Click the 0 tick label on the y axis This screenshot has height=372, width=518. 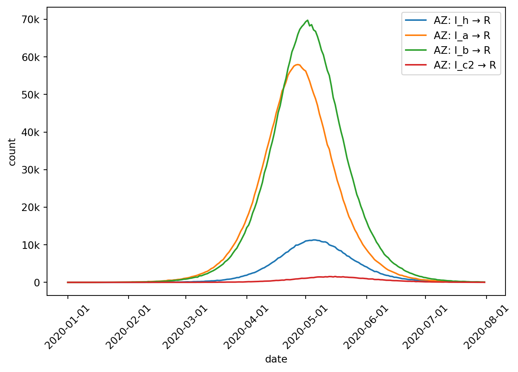pos(36,283)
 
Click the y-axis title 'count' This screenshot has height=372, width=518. pos(12,152)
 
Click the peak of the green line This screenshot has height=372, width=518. pos(307,20)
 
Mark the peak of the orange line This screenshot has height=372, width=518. pos(298,64)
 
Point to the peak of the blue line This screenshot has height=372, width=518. pos(314,240)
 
